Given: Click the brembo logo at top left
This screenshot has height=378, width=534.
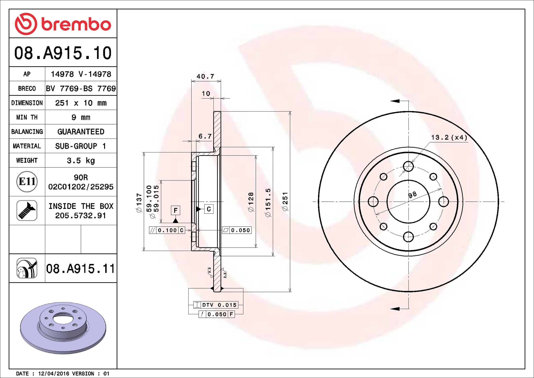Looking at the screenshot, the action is pyautogui.click(x=63, y=24).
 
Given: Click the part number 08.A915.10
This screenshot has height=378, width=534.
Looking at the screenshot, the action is pyautogui.click(x=63, y=53).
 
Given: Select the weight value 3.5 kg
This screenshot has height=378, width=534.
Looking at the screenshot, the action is pyautogui.click(x=81, y=161).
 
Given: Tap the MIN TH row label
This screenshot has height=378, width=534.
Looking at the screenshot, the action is pyautogui.click(x=27, y=117).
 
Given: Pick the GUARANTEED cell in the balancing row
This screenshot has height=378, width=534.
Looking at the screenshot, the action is pyautogui.click(x=81, y=132).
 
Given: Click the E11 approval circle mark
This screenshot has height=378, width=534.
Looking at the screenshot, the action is pyautogui.click(x=27, y=182).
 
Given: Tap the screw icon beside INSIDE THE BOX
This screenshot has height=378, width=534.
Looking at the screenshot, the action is pyautogui.click(x=27, y=211).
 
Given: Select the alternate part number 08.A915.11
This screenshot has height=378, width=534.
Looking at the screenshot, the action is pyautogui.click(x=80, y=269).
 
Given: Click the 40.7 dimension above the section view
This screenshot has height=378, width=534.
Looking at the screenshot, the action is pyautogui.click(x=205, y=76).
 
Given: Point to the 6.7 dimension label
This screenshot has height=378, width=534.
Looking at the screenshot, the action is pyautogui.click(x=205, y=136).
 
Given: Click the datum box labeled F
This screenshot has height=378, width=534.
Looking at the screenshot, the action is pyautogui.click(x=175, y=210).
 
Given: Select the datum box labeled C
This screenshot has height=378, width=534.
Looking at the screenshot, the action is pyautogui.click(x=209, y=209).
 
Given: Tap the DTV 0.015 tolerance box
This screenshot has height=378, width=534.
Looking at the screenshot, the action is pyautogui.click(x=215, y=305).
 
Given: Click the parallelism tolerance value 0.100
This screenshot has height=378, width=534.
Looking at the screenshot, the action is pyautogui.click(x=167, y=230).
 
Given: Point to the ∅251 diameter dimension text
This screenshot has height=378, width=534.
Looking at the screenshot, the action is pyautogui.click(x=285, y=202).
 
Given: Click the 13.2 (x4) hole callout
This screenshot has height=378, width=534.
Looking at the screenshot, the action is pyautogui.click(x=449, y=137).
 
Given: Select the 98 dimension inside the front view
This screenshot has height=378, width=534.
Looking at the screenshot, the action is pyautogui.click(x=412, y=195).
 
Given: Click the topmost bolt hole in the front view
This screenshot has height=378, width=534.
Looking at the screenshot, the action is pyautogui.click(x=408, y=166).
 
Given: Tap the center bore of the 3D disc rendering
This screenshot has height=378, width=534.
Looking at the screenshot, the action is pyautogui.click(x=63, y=318).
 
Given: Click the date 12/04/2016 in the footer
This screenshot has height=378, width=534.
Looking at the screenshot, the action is pyautogui.click(x=54, y=373).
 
